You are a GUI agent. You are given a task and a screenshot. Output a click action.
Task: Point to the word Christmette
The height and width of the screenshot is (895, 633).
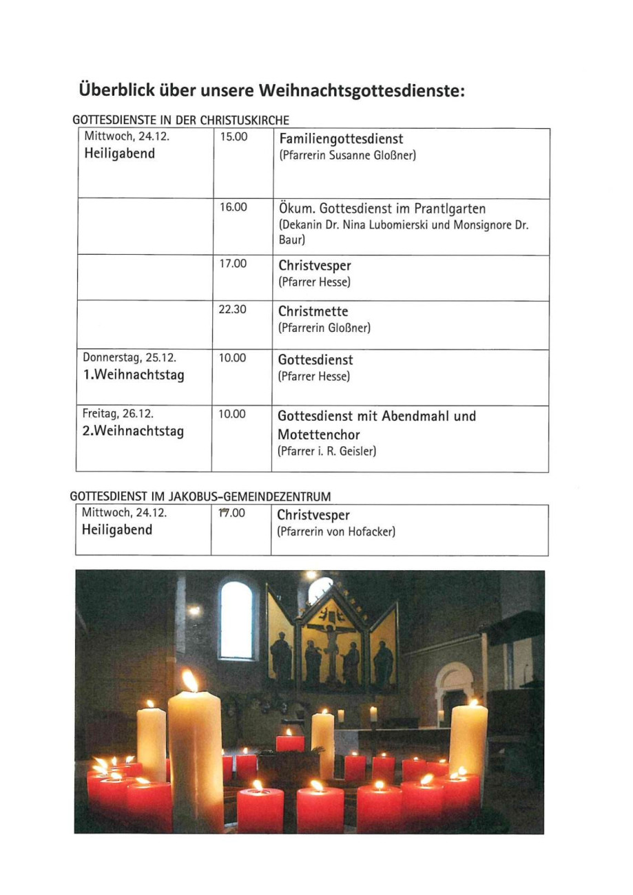click(x=314, y=312)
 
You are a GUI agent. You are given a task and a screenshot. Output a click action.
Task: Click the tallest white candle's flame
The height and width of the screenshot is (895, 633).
click(x=189, y=680)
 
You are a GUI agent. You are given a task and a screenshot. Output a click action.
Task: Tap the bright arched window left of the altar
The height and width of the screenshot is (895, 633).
click(x=236, y=618)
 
